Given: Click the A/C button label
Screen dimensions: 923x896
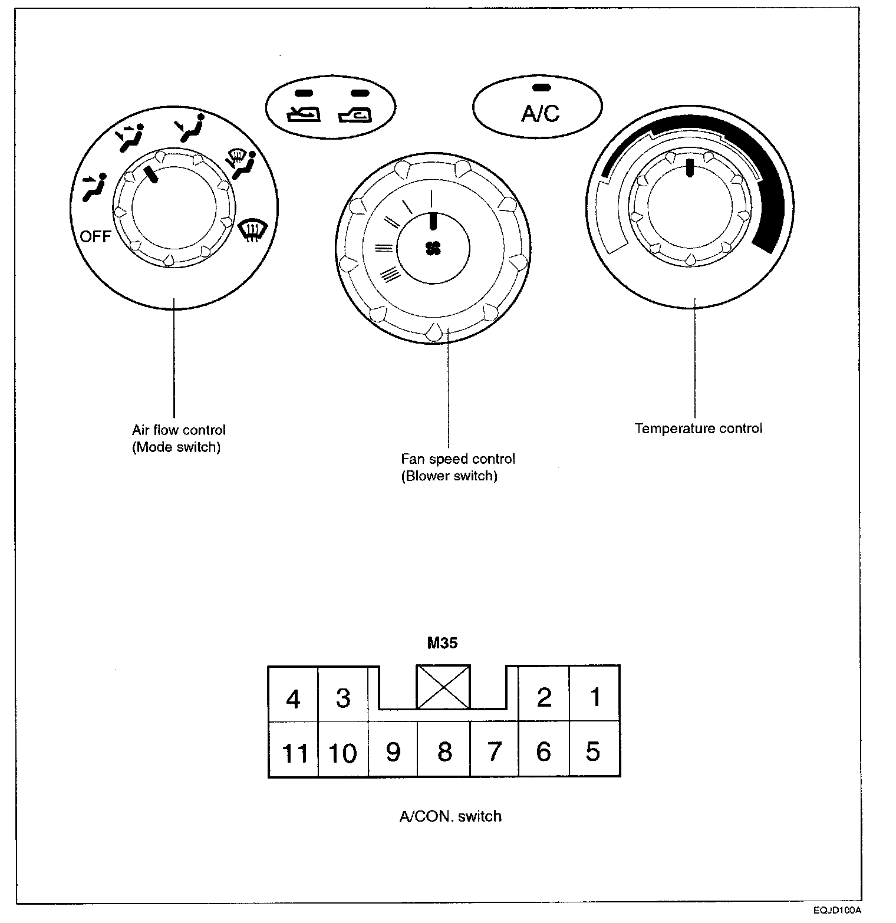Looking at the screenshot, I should click(x=540, y=113).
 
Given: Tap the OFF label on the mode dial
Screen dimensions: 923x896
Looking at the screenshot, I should click(x=95, y=236).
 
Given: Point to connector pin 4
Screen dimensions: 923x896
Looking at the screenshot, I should click(x=292, y=699).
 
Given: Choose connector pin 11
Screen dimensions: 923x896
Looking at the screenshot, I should click(x=295, y=753).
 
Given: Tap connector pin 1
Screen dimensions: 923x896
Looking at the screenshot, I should click(x=595, y=697).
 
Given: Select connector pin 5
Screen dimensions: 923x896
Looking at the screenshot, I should click(x=593, y=751).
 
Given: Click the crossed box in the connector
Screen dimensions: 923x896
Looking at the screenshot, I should click(x=443, y=687).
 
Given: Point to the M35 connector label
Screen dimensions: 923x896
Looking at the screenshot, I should click(x=442, y=643).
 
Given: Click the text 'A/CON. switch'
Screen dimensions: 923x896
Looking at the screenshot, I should click(x=450, y=816).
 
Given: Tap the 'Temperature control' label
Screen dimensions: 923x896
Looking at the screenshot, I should click(x=698, y=428).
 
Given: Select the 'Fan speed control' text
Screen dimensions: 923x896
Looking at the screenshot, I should click(x=458, y=459).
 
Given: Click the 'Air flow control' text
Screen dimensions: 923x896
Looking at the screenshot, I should click(x=179, y=430).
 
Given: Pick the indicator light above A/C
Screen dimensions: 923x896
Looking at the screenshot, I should click(x=541, y=87).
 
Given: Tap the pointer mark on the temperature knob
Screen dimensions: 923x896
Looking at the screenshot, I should click(x=689, y=167).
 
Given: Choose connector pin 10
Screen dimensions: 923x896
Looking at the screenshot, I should click(x=342, y=753).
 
